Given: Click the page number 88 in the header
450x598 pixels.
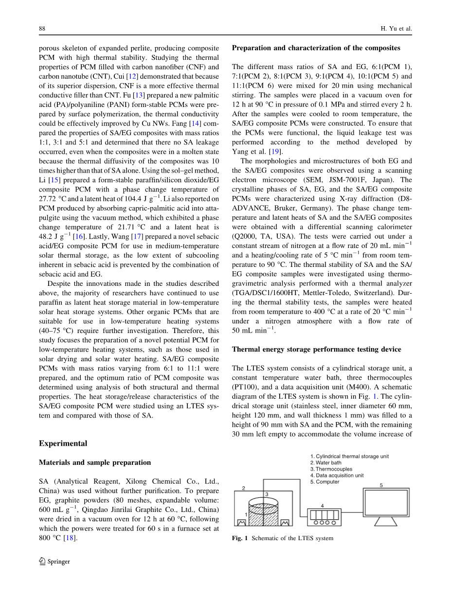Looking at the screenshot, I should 42,29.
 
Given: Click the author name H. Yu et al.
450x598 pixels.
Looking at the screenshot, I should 396,29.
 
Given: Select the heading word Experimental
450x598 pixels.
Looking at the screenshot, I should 63,443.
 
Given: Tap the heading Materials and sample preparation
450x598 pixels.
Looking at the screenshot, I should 95,462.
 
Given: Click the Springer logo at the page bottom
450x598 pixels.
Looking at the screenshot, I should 54,562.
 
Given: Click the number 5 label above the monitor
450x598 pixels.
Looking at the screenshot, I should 381,485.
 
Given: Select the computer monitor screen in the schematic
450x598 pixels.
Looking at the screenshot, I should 386,502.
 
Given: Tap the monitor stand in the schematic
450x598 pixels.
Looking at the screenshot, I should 386,521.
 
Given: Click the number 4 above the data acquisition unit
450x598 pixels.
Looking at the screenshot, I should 322,505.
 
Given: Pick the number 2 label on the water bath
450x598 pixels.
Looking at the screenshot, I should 243,488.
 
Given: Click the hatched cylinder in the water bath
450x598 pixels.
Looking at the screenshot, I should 263,516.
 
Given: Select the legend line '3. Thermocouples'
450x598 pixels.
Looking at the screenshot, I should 331,469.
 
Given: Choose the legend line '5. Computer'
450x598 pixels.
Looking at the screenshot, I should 324,482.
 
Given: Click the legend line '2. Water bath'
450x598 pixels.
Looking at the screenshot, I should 326,463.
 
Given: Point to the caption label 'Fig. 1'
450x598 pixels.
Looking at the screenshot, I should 240,538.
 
